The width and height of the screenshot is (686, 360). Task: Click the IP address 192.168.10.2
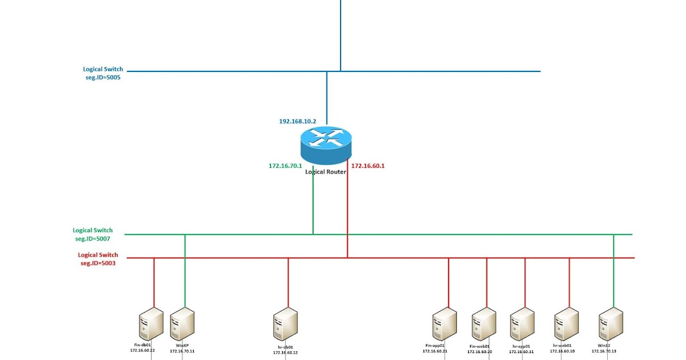pos(297,122)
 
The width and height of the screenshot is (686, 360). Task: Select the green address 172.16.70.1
pos(285,166)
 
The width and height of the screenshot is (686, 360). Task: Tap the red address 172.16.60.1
pos(368,166)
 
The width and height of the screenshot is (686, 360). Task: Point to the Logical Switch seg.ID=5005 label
pos(102,73)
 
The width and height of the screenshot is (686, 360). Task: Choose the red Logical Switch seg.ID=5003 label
pos(98,259)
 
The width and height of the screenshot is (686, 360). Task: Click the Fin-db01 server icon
pos(151,325)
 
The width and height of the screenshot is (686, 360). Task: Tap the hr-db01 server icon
pos(285,325)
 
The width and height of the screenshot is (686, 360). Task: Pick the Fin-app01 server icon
pos(444,325)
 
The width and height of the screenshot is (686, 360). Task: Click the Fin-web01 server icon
pos(484,325)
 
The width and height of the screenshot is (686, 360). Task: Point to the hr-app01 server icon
pos(522,325)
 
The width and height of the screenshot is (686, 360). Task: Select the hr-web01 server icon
pos(566,325)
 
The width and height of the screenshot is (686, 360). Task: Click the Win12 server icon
pos(610,325)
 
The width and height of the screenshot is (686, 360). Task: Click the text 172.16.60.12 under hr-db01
pos(285,353)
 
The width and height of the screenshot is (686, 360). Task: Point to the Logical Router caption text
pos(325,171)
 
